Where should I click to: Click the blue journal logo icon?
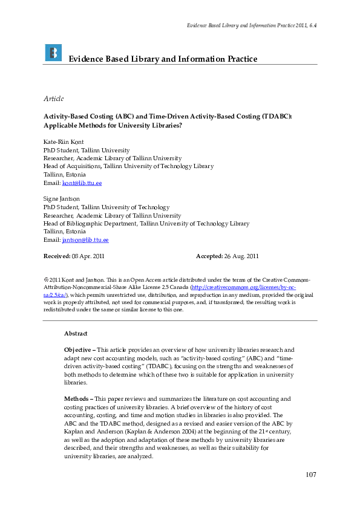tap(53, 53)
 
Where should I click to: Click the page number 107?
tap(310, 475)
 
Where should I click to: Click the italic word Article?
tap(54, 99)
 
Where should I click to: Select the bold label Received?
tap(57, 256)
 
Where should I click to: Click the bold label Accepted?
tap(209, 256)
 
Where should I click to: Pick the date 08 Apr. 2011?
tap(88, 256)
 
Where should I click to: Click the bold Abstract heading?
tap(76, 334)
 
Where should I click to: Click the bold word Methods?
tap(77, 399)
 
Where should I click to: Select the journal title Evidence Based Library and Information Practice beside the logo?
tap(163, 59)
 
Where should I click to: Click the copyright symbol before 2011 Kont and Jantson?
tap(46, 280)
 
